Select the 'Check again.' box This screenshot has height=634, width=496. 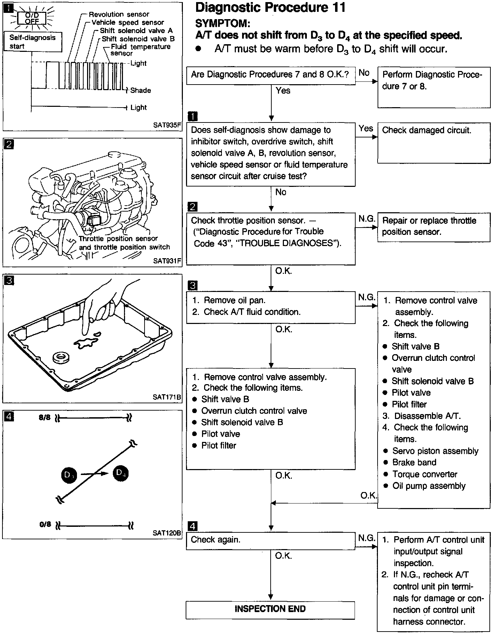click(270, 540)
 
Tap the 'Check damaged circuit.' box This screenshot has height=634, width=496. click(433, 143)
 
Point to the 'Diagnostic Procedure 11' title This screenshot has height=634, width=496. click(270, 8)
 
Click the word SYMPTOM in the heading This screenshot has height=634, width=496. click(222, 23)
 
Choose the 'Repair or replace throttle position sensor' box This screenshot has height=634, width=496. click(433, 227)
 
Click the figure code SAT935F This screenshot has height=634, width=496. click(167, 125)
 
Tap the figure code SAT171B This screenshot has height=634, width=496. click(167, 397)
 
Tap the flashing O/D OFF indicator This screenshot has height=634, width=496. click(32, 18)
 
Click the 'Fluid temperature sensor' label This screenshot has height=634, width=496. click(140, 50)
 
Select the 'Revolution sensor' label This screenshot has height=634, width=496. click(119, 14)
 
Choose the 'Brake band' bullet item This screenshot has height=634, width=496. click(414, 462)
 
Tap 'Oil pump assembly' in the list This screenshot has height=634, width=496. click(429, 486)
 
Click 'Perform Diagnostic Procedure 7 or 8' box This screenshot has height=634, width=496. click(433, 87)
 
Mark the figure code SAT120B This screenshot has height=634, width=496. click(167, 533)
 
